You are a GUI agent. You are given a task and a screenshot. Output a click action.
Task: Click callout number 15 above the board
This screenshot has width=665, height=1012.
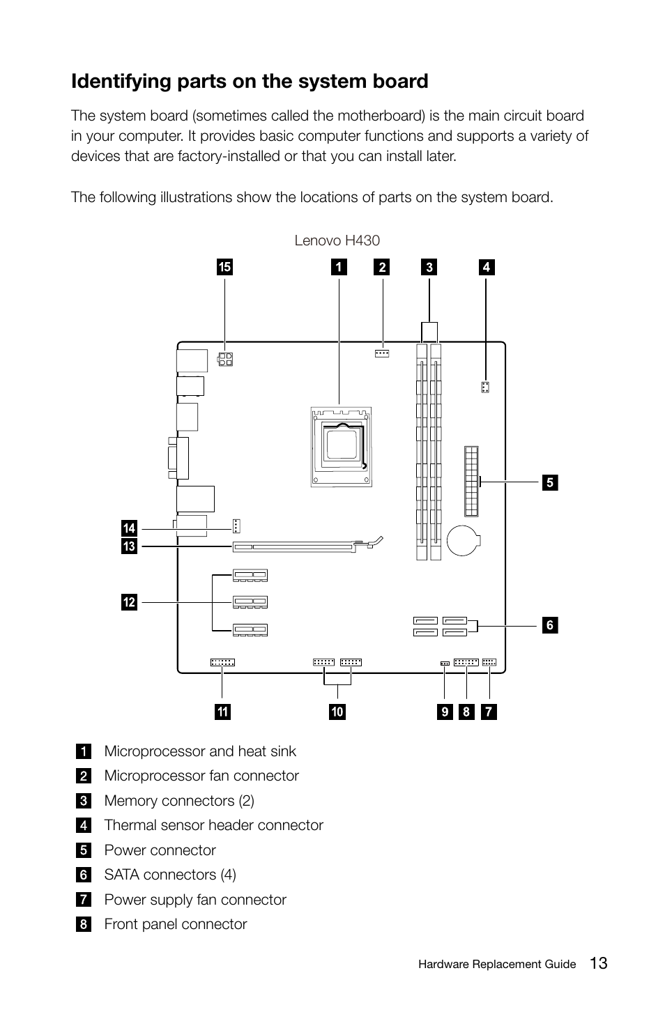point(224,267)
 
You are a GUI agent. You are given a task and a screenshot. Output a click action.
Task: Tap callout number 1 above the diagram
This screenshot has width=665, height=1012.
point(339,267)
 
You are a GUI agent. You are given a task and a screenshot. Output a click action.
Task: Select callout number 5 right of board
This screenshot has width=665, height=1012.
point(549,482)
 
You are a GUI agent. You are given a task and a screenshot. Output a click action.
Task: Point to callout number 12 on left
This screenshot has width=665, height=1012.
point(129,602)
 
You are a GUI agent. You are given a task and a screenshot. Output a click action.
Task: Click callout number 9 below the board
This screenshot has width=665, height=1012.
point(445,712)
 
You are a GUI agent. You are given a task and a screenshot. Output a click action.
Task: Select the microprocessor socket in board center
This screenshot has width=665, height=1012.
point(341,447)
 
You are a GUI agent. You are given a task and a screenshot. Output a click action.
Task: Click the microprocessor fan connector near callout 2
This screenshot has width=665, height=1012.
point(381,353)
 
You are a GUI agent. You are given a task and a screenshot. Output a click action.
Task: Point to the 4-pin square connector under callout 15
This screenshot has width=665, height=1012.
point(225,360)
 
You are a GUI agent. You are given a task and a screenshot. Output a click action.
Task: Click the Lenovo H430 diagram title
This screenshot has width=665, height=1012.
point(337,240)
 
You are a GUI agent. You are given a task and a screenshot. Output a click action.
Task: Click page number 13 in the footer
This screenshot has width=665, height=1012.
point(597,963)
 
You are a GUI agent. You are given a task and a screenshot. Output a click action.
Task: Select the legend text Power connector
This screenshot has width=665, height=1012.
point(160,850)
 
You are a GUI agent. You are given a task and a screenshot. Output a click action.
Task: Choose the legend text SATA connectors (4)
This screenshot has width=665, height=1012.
point(170,875)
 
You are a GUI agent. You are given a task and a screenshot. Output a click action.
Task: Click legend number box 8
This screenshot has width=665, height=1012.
point(84,924)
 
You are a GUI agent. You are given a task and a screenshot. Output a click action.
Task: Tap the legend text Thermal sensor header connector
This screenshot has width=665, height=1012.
point(213,825)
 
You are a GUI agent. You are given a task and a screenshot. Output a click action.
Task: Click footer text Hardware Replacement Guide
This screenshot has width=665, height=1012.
point(497,965)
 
